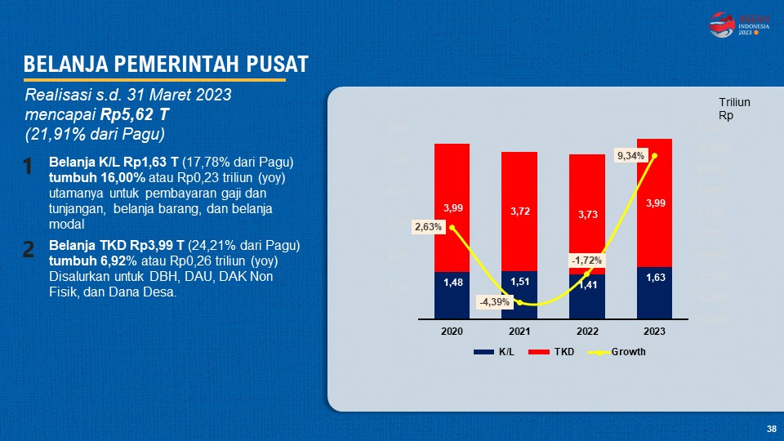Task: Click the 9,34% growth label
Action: click(x=630, y=154)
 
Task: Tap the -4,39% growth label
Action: click(x=494, y=302)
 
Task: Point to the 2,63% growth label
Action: click(x=429, y=227)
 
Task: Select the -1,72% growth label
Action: click(x=586, y=261)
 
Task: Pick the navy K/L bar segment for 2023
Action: click(x=654, y=292)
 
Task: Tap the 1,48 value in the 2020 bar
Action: click(x=452, y=283)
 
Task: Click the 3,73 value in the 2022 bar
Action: click(x=586, y=214)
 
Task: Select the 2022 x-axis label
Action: click(x=586, y=331)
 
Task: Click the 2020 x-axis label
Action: click(x=452, y=331)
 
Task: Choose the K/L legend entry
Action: click(x=497, y=352)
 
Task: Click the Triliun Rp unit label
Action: click(x=733, y=109)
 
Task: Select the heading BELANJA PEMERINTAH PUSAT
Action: click(x=166, y=65)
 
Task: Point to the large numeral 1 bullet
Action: click(x=28, y=167)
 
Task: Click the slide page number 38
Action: click(x=771, y=429)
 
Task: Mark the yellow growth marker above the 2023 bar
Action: click(x=655, y=155)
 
